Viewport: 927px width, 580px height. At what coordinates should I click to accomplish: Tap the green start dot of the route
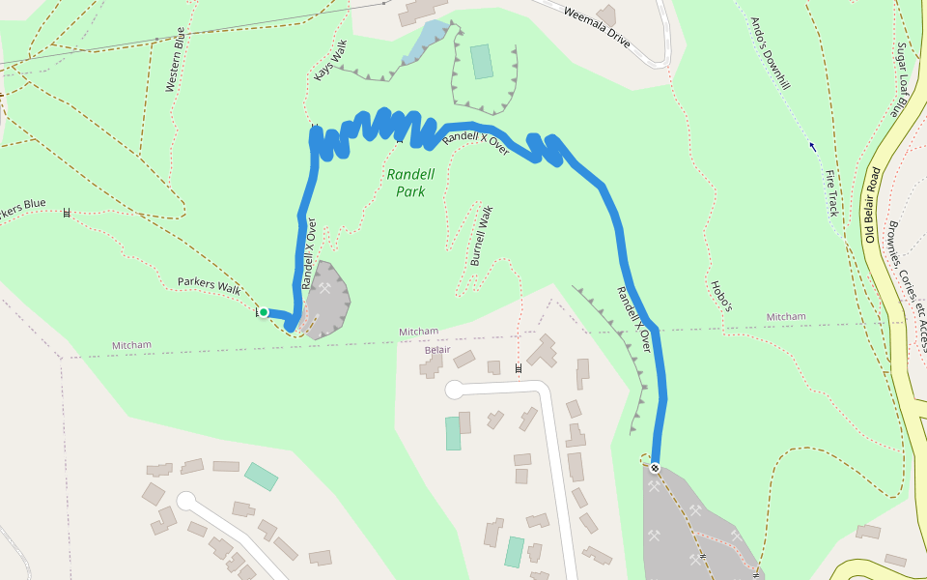(x=263, y=312)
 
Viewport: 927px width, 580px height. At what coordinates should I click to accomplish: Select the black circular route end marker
(x=656, y=468)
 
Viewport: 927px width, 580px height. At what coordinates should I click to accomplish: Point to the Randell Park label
(x=410, y=183)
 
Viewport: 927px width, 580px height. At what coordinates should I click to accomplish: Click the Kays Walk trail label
(x=330, y=60)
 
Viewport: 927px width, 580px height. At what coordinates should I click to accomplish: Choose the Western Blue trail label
(x=175, y=60)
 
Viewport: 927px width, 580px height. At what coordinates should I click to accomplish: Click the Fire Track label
(x=831, y=192)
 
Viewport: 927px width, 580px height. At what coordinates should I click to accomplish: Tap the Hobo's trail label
(x=721, y=296)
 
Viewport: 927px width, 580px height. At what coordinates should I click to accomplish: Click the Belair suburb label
(x=437, y=349)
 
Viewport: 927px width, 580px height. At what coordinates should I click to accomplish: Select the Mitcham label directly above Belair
(x=419, y=332)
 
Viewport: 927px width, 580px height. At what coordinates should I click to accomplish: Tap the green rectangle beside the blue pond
(x=481, y=62)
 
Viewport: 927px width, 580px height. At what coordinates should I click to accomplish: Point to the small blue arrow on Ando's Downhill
(x=812, y=147)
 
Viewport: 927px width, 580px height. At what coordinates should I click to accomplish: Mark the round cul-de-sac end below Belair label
(x=456, y=391)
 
